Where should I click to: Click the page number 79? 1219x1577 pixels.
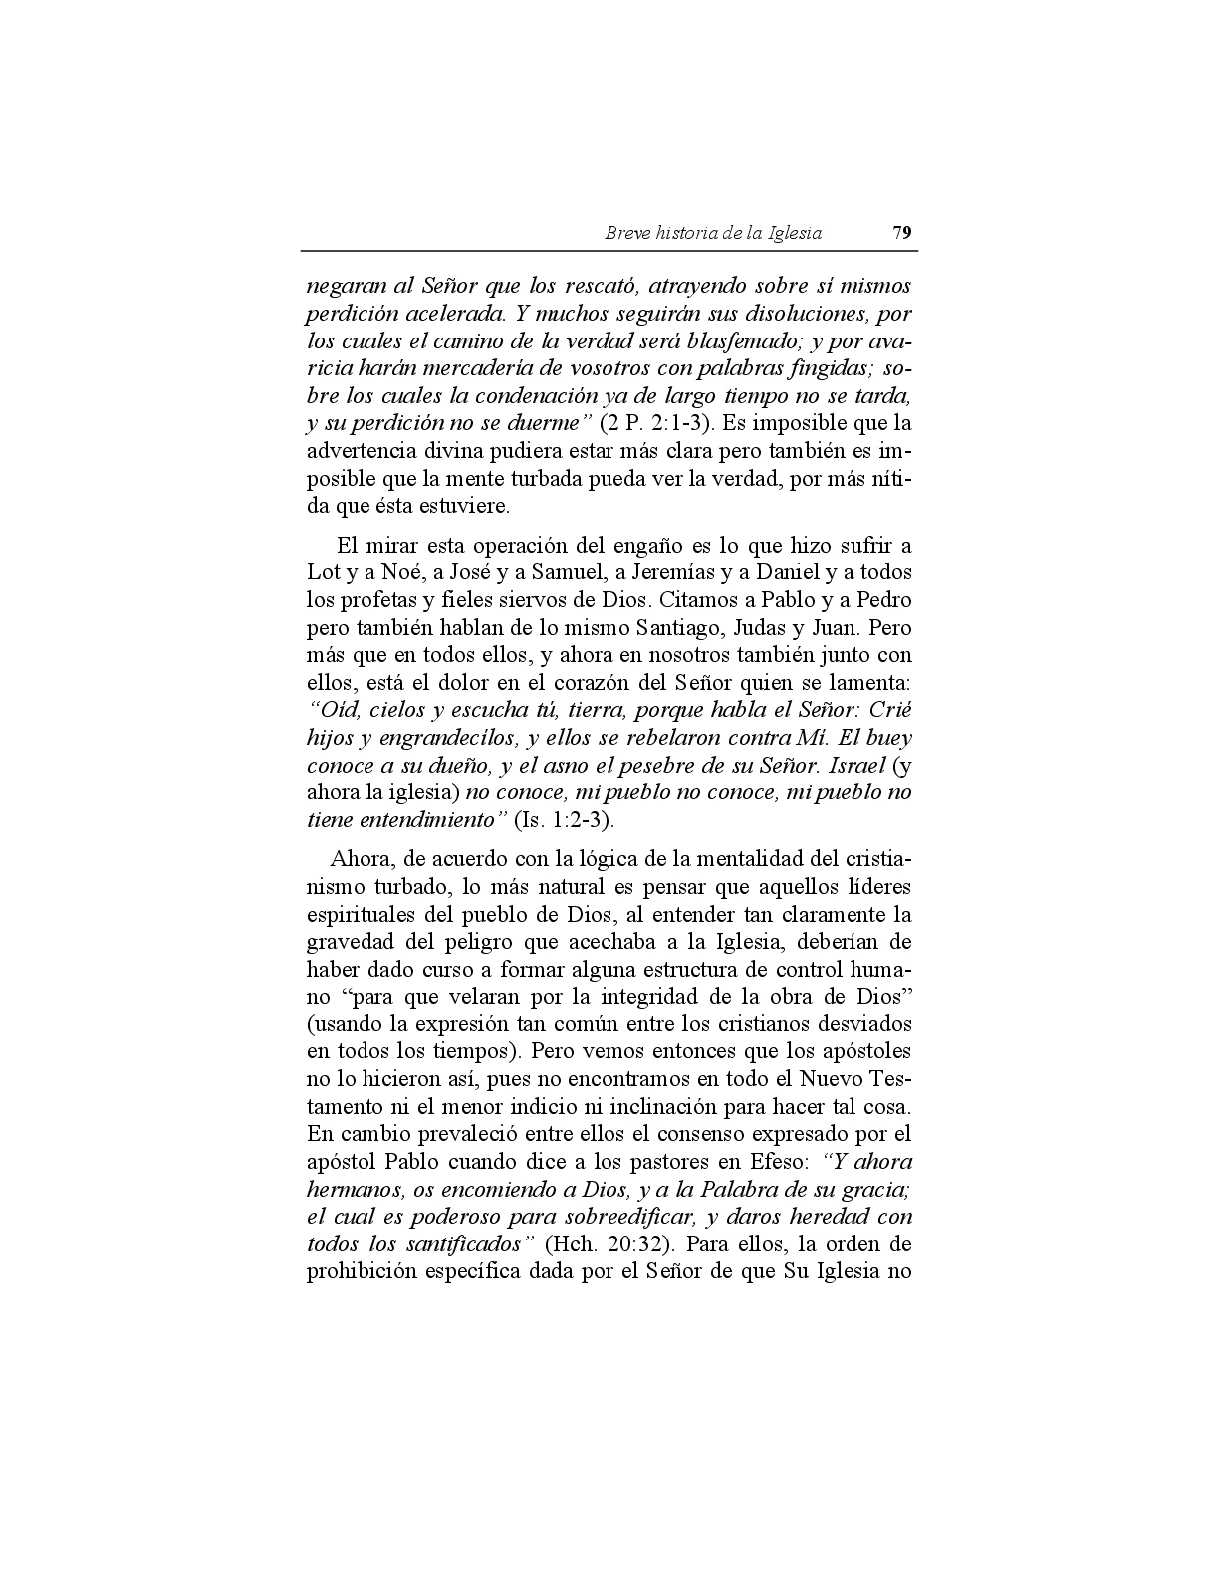902,233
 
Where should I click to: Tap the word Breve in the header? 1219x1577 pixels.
627,233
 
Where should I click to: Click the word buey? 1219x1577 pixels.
888,739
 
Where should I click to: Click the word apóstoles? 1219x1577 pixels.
864,1051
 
